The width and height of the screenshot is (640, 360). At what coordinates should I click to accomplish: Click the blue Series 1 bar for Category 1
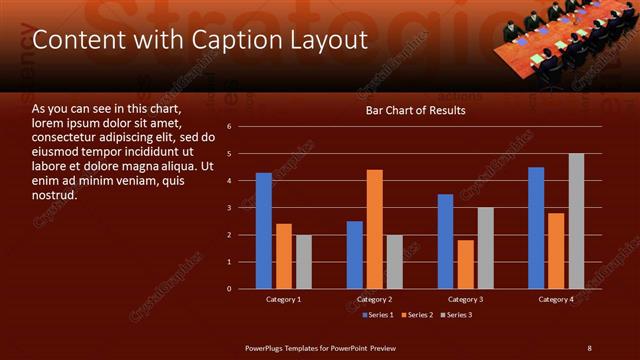264,231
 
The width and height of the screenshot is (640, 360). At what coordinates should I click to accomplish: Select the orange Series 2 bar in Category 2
375,229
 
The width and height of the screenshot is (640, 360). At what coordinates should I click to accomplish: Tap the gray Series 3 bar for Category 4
576,221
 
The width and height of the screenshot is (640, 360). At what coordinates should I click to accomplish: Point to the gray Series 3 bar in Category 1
304,262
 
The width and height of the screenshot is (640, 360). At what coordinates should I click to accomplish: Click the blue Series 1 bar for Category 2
355,255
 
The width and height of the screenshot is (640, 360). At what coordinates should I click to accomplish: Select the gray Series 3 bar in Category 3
486,248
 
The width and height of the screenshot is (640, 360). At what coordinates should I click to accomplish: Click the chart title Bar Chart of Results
415,110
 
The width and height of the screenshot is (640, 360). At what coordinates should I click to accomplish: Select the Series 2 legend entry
417,315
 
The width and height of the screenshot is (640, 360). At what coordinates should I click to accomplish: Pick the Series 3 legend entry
455,315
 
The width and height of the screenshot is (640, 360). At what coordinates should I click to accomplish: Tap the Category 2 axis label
374,299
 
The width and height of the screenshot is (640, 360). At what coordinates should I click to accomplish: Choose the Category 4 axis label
556,299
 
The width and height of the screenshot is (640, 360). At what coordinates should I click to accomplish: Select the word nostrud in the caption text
54,195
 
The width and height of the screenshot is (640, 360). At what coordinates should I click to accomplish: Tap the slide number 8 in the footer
589,347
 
